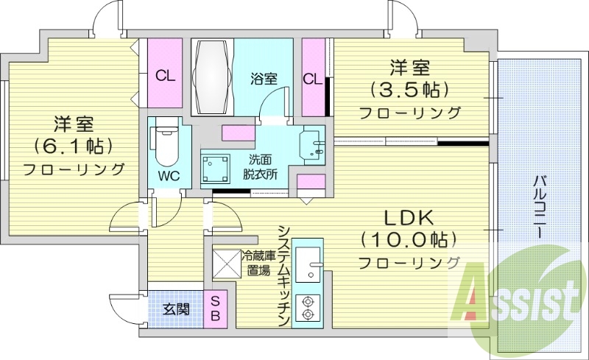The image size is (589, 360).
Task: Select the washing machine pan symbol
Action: [x=215, y=168]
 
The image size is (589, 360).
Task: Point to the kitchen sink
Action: [x=308, y=264]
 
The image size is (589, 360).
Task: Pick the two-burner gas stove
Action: [x=308, y=308]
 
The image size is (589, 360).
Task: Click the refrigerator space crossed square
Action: [x=227, y=264]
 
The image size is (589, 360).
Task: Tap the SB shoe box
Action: [x=215, y=308]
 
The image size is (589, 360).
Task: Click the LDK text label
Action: [x=409, y=219]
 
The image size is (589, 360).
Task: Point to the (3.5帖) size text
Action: [x=410, y=89]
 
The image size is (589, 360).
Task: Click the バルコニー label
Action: [x=539, y=206]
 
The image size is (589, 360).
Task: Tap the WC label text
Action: [x=169, y=176]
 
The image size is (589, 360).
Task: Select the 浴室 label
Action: [x=264, y=79]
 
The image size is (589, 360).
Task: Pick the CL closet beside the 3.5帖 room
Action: [x=313, y=77]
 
